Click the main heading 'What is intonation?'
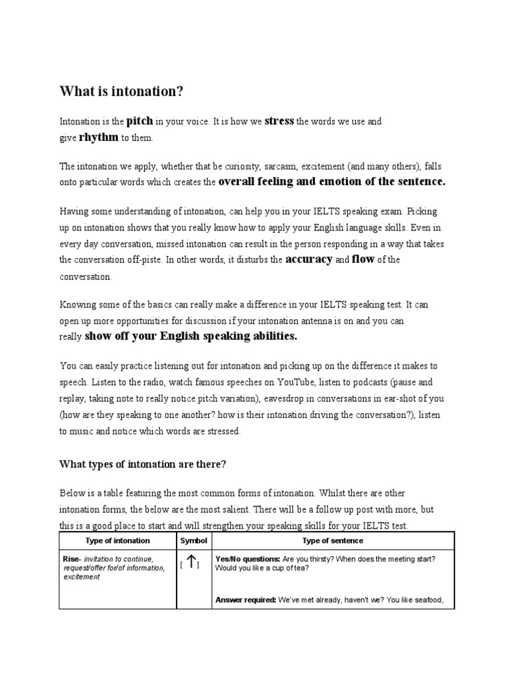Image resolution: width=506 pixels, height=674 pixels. (121, 91)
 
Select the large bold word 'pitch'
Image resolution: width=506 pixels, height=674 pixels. (140, 121)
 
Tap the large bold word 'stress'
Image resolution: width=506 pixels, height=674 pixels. (279, 121)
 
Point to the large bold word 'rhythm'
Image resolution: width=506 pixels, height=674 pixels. (99, 137)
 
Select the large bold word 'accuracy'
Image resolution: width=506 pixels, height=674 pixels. (309, 259)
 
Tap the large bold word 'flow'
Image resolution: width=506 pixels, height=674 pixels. (363, 259)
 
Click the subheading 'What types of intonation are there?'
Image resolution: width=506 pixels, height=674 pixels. (143, 464)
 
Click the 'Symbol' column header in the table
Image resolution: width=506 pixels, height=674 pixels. (193, 540)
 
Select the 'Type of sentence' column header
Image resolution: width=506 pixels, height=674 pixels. (333, 540)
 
